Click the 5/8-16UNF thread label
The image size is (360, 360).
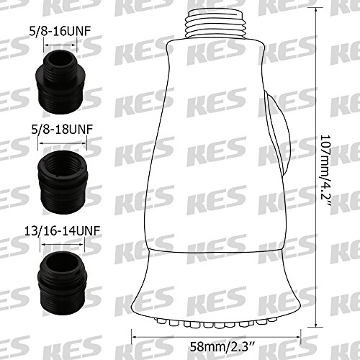click(x=60, y=32)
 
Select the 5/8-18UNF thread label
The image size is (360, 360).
click(x=62, y=130)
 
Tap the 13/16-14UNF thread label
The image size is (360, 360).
click(x=62, y=231)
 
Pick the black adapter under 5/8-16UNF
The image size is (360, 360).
click(x=60, y=82)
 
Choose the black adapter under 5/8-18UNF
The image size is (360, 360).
click(x=63, y=182)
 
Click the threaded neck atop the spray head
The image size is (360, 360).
click(x=216, y=24)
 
